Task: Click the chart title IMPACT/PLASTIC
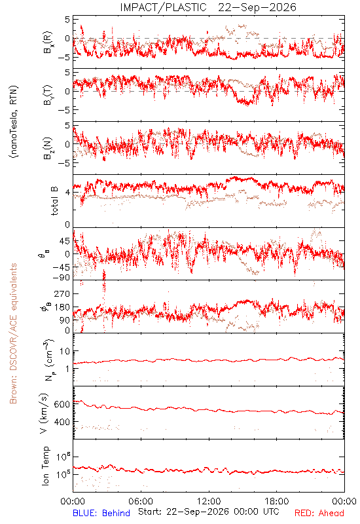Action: coord(163,7)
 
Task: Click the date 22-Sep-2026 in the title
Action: coord(257,7)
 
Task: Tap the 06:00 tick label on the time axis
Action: coord(141,501)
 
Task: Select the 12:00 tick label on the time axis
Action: coord(209,501)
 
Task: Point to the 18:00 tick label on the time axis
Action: coord(277,501)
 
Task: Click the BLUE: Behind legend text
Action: coord(101,513)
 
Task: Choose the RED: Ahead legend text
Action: coord(319,513)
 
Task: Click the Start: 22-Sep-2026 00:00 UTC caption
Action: coord(209,512)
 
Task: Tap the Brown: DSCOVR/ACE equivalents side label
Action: coord(13,333)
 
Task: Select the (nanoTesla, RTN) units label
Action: coord(14,122)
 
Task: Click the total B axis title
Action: coord(54,201)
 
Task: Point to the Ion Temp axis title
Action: coord(45,466)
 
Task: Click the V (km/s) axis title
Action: coord(44,414)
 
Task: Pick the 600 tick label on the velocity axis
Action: coord(62,404)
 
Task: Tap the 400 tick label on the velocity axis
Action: coord(62,422)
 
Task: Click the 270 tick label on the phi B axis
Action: coord(62,293)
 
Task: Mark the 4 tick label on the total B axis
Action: coord(67,193)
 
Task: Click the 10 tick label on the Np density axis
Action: coord(65,351)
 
